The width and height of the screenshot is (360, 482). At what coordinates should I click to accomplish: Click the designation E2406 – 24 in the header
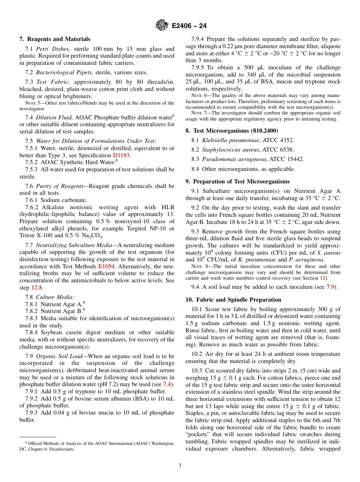click(189, 26)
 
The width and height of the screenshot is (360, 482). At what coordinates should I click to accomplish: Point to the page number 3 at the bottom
click(180, 466)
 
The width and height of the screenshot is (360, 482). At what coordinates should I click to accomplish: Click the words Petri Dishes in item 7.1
click(53, 49)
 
